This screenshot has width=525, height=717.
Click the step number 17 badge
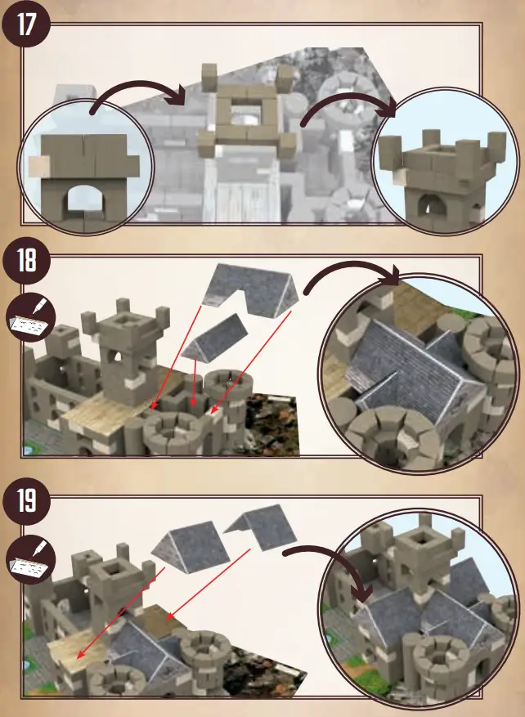[27, 24]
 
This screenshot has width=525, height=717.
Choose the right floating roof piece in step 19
[262, 527]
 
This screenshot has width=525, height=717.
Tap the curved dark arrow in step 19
[327, 564]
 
